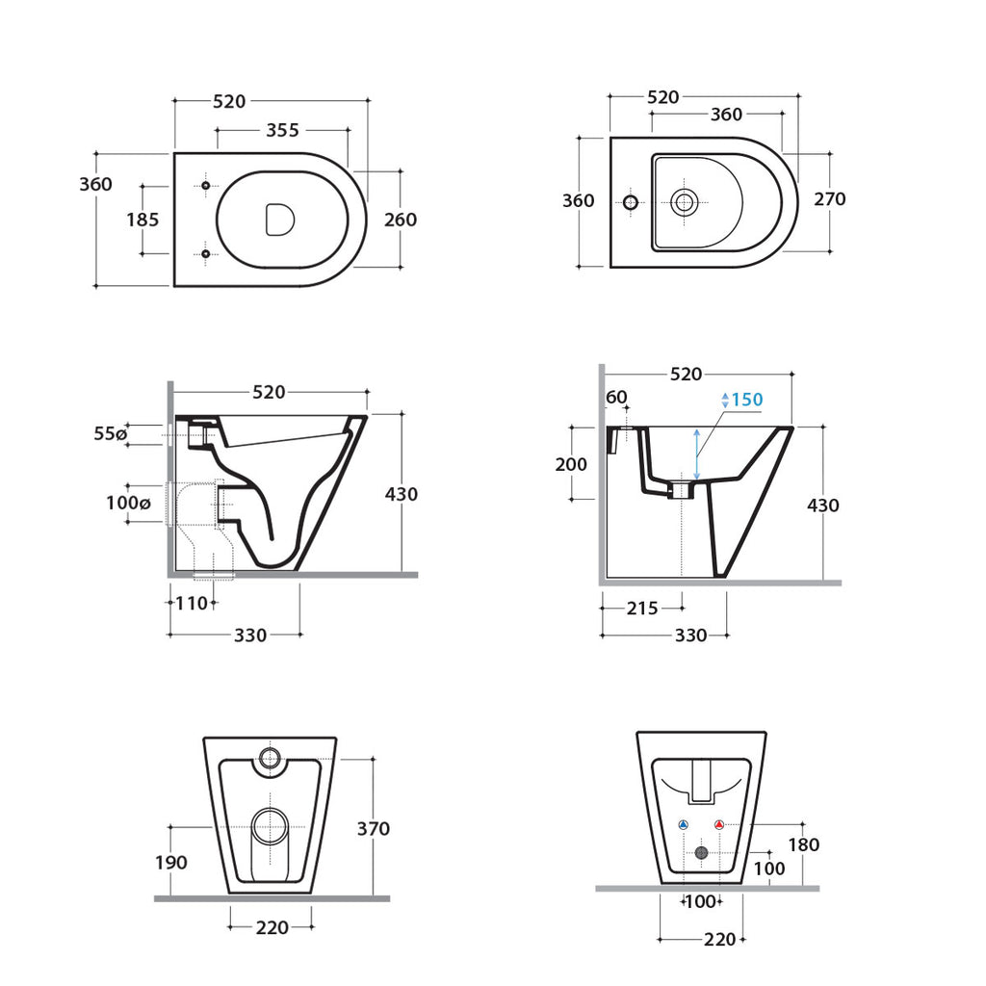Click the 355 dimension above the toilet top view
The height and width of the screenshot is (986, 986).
pos(282,129)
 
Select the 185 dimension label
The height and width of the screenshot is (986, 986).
pos(143,220)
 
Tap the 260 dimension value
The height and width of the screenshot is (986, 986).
pos(401,220)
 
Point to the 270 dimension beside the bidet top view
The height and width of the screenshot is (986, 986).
pos(829,199)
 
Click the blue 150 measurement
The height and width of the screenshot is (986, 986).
pos(746,400)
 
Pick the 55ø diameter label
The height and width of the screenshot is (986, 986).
pos(110,434)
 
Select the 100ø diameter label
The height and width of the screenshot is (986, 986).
pos(128,503)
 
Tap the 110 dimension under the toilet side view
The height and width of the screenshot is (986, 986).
pos(192,604)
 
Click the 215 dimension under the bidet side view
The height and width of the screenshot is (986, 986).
pos(642,609)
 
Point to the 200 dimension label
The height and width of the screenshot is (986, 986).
pos(571,464)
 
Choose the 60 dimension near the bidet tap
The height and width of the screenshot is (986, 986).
pos(616,397)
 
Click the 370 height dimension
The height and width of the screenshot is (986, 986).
pos(373,828)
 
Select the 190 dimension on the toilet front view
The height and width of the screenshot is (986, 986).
pos(171,863)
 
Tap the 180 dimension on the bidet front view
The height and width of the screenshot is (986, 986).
pos(803,844)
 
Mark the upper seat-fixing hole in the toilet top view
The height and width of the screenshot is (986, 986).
pos(205,185)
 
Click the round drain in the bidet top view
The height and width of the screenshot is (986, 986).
pos(685,202)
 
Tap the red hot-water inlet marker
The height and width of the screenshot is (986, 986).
pos(718,825)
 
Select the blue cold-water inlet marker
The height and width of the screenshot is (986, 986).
pos(684,825)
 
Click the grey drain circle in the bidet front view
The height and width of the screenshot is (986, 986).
pos(701,852)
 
